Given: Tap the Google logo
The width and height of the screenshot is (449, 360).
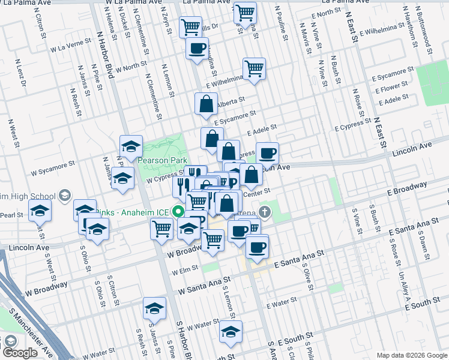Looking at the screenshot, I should pyautogui.click(x=20, y=353).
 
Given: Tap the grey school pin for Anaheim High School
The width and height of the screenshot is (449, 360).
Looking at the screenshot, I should pyautogui.click(x=64, y=196).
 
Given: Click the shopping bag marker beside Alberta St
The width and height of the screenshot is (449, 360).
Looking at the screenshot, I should pyautogui.click(x=206, y=104).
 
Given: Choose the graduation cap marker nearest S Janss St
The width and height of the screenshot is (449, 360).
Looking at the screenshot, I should pyautogui.click(x=154, y=310).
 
